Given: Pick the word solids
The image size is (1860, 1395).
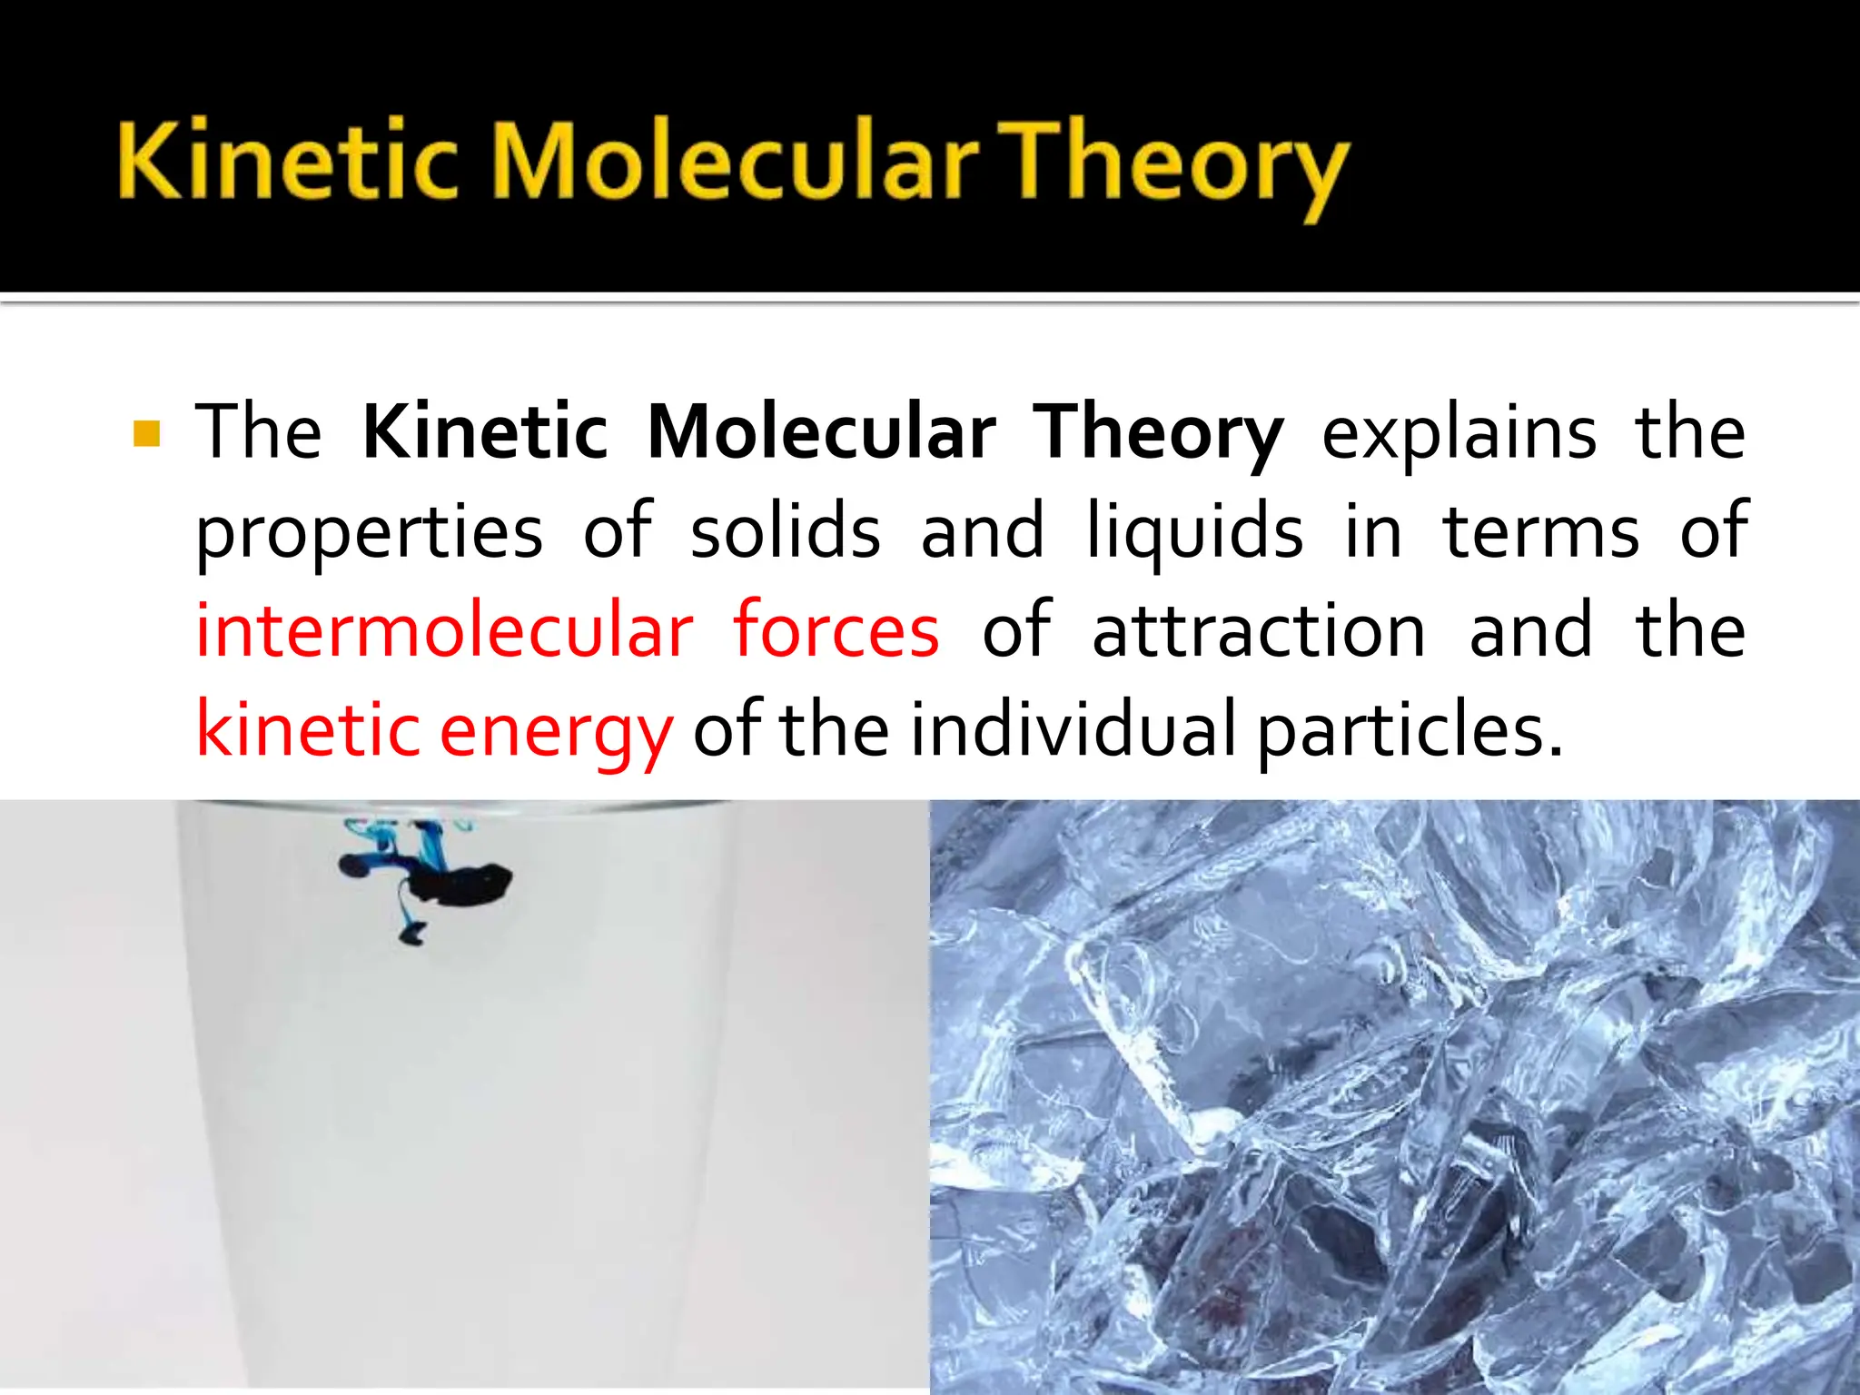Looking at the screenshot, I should click(786, 532).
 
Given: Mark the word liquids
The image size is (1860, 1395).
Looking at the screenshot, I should click(1195, 534).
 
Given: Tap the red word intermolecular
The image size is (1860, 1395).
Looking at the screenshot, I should click(445, 630).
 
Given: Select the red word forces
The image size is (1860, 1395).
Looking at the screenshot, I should click(836, 630).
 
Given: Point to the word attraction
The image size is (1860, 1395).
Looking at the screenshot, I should click(1259, 632).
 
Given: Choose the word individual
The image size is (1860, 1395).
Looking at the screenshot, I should click(1073, 730).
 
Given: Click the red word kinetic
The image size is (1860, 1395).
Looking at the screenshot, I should click(308, 730).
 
